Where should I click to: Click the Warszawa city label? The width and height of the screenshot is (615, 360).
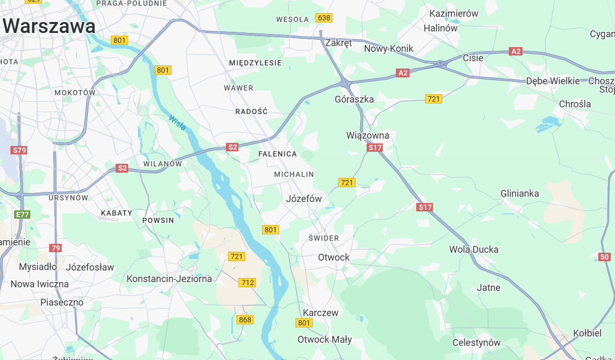(x=49, y=26)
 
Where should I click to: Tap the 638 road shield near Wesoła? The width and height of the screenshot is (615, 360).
(x=324, y=18)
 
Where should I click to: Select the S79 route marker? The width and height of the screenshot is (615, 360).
(x=19, y=150)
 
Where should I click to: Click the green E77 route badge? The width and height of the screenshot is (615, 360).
(x=22, y=215)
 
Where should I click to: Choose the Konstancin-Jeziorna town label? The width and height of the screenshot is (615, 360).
(x=169, y=279)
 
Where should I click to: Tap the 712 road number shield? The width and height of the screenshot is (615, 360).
(x=247, y=283)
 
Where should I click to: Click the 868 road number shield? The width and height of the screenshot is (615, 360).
(x=245, y=320)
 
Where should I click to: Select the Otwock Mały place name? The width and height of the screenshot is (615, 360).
(x=325, y=340)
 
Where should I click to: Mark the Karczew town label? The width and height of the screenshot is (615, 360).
(x=321, y=313)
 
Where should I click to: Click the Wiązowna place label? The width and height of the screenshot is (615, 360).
(x=368, y=136)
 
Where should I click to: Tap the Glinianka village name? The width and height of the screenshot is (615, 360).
(x=519, y=194)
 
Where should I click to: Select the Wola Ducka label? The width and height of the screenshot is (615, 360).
(x=474, y=250)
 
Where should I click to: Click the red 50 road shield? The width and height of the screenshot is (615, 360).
(x=605, y=257)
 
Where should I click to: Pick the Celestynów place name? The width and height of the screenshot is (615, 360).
(x=476, y=343)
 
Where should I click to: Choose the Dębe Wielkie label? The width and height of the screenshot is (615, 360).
(x=553, y=81)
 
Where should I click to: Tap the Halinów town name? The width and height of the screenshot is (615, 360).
(x=440, y=28)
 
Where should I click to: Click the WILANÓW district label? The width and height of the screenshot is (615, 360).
(x=163, y=164)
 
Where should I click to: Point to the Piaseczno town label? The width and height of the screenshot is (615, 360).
(x=62, y=302)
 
